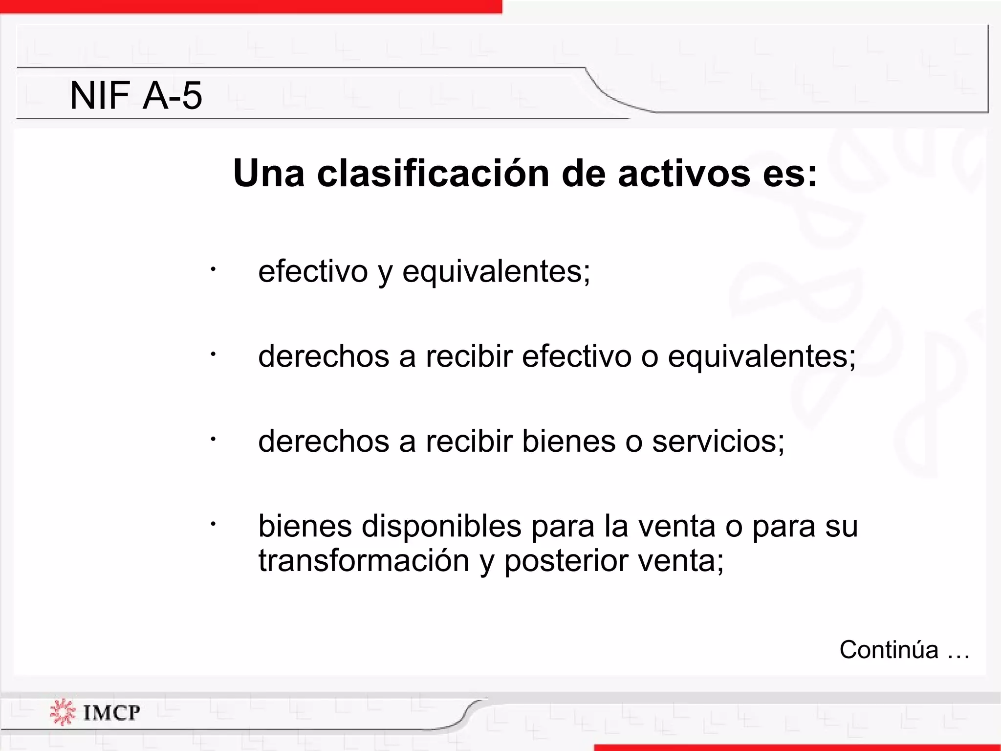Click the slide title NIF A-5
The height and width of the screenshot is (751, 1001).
coord(136,95)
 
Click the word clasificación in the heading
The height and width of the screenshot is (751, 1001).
coord(434,174)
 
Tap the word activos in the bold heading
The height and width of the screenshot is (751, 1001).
coord(684,174)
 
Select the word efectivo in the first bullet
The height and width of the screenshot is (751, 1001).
coord(313,271)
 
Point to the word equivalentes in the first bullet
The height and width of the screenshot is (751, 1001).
coord(496,272)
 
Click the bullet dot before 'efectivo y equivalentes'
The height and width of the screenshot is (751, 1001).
coord(213,268)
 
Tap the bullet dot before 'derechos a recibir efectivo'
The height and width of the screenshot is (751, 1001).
coord(213,353)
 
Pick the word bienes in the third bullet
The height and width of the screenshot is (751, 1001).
coord(568,441)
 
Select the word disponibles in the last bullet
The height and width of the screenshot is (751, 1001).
coord(442,527)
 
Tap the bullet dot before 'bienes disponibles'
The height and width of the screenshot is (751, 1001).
coord(213,524)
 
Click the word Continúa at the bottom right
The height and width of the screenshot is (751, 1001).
coord(889,650)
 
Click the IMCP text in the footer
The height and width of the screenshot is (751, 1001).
coord(111,713)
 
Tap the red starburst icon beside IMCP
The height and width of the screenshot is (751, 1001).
coord(63,712)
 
